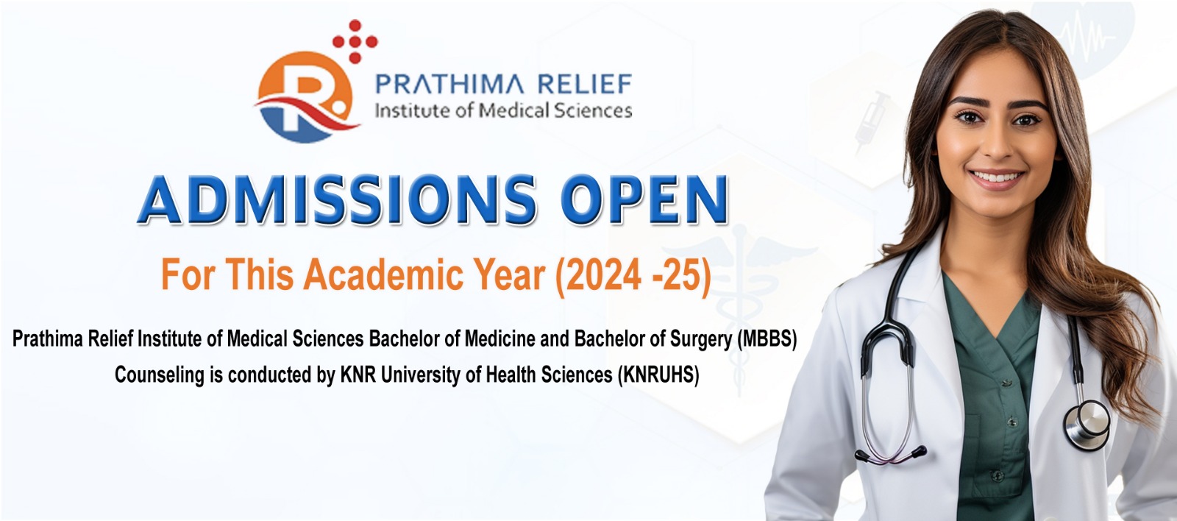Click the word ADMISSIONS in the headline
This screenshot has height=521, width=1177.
click(x=337, y=200)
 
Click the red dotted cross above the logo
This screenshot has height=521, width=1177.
click(x=355, y=41)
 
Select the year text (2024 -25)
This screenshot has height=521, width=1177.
click(x=633, y=275)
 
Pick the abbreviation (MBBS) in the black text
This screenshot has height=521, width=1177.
click(x=767, y=339)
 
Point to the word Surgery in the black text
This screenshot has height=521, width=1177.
click(x=700, y=340)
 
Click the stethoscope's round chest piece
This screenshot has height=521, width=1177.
click(x=1087, y=425)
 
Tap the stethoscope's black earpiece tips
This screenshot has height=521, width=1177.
click(x=890, y=455)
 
